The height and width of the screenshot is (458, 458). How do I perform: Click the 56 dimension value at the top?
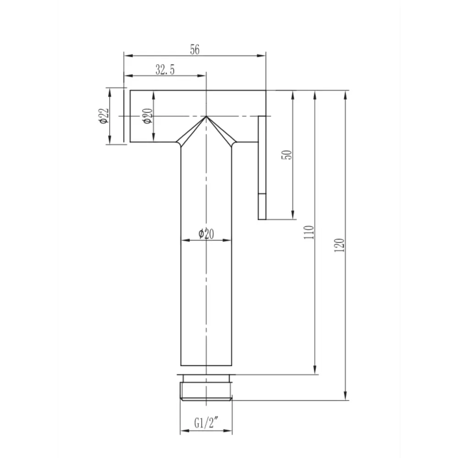195,50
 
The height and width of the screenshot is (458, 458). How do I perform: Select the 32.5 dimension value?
165,70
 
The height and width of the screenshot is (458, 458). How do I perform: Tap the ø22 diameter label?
103,115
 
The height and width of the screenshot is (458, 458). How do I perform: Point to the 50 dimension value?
287,155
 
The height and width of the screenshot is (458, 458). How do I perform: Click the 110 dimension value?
310,233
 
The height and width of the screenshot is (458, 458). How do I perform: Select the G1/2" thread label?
206,424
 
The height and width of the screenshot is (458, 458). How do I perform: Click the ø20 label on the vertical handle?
206,234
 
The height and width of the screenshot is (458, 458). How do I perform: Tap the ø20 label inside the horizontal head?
147,116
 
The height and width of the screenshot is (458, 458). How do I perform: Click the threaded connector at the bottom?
206,388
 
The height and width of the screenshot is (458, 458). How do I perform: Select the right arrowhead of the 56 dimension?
263,56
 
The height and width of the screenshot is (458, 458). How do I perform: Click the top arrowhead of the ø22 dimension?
110,91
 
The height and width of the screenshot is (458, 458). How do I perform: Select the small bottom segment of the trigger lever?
262,207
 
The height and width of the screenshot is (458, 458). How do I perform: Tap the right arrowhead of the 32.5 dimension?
203,76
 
